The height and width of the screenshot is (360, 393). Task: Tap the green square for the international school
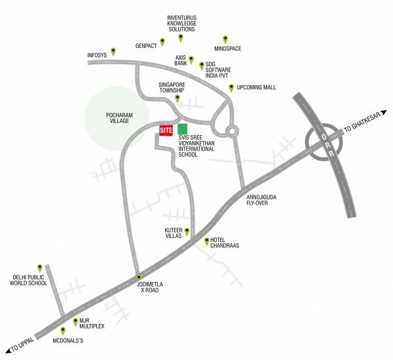[x=183, y=129]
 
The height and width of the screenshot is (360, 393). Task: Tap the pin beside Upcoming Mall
[x=231, y=87]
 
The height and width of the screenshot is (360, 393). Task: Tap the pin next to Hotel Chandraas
[x=208, y=241]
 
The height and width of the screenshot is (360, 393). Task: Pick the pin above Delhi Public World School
[x=40, y=268]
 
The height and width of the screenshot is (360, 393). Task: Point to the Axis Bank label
[x=181, y=60]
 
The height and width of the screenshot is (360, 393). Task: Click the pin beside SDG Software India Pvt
[x=201, y=65]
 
